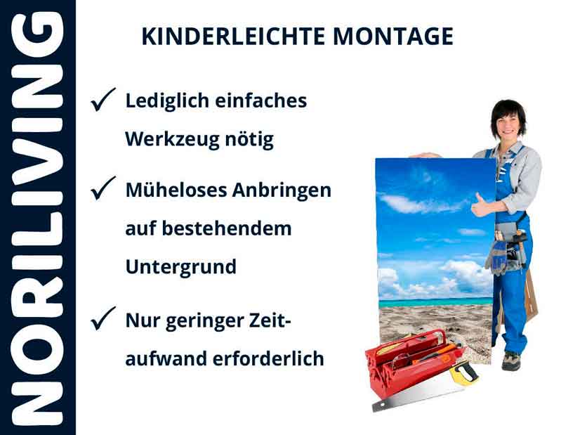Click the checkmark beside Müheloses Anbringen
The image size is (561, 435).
103,188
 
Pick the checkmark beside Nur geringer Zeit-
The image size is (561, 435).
103,320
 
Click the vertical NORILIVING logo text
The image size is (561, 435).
37,218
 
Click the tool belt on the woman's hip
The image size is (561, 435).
507,249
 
